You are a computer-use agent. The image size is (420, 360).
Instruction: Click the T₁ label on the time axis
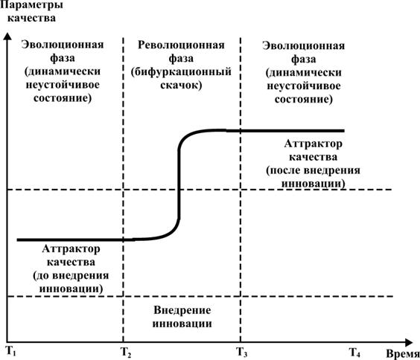[x=11, y=351]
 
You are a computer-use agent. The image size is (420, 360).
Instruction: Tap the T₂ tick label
[x=126, y=353]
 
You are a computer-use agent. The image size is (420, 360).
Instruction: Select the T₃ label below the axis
[x=241, y=352]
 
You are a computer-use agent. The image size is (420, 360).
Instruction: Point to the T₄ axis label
[x=354, y=353]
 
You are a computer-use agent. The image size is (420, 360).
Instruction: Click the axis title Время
[x=403, y=354]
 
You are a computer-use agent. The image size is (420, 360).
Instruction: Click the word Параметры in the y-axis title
[x=31, y=5]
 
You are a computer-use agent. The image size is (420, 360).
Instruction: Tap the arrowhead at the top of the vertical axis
[x=7, y=36]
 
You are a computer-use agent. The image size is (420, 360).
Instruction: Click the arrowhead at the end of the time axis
[x=409, y=342]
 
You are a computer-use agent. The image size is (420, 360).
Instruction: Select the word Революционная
[x=181, y=45]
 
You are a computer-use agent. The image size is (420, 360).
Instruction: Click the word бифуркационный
[x=181, y=72]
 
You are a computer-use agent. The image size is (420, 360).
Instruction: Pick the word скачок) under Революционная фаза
[x=181, y=86]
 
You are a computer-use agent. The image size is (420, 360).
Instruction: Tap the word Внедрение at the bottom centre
[x=182, y=310]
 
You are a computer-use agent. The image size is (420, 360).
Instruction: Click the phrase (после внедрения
[x=313, y=170]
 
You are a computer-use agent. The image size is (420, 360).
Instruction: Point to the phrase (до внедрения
[x=71, y=275]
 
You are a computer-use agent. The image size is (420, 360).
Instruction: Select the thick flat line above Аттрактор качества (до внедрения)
[x=70, y=240]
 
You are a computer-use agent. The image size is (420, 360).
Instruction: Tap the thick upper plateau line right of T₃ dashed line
[x=293, y=131]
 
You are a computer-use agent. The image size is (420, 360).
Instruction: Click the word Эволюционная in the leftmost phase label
[x=63, y=45]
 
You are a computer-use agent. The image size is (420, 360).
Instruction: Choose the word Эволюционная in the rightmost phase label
[x=304, y=45]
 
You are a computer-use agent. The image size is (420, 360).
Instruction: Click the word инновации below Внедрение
[x=182, y=324]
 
